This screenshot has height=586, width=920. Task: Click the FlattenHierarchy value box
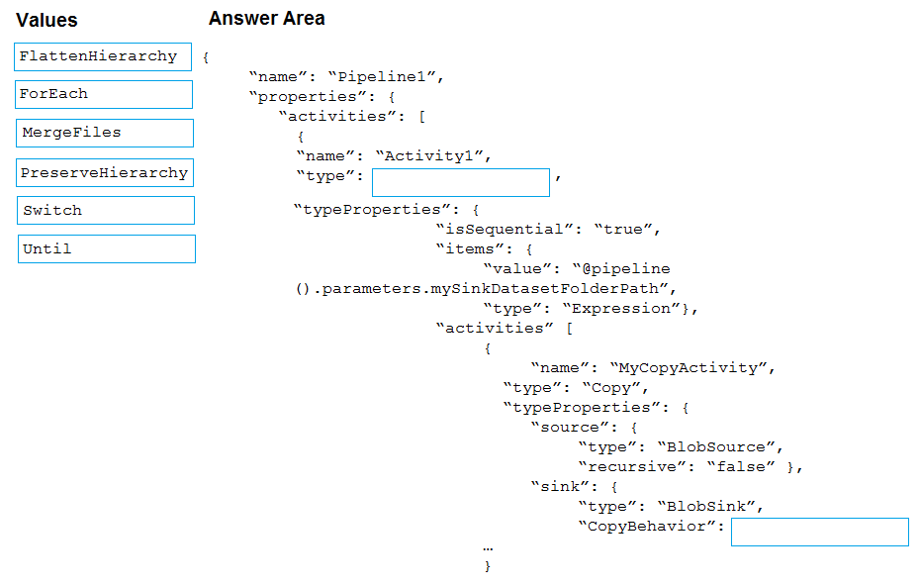click(103, 56)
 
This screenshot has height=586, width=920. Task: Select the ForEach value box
click(104, 94)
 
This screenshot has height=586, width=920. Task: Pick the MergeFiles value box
click(105, 133)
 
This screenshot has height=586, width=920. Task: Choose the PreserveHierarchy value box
click(105, 172)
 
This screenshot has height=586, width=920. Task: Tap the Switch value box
click(106, 210)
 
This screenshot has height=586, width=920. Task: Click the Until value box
click(106, 249)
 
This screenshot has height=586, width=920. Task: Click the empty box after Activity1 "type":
click(461, 182)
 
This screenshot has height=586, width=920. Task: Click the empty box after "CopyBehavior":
click(820, 532)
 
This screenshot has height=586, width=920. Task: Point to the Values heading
click(46, 20)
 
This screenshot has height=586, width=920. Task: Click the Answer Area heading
click(267, 18)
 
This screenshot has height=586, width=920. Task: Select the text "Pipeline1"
click(382, 76)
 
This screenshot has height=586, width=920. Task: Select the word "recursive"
click(637, 467)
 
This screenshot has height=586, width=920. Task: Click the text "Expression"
click(621, 308)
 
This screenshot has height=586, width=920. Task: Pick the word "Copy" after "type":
click(610, 388)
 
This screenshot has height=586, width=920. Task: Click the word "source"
click(570, 428)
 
